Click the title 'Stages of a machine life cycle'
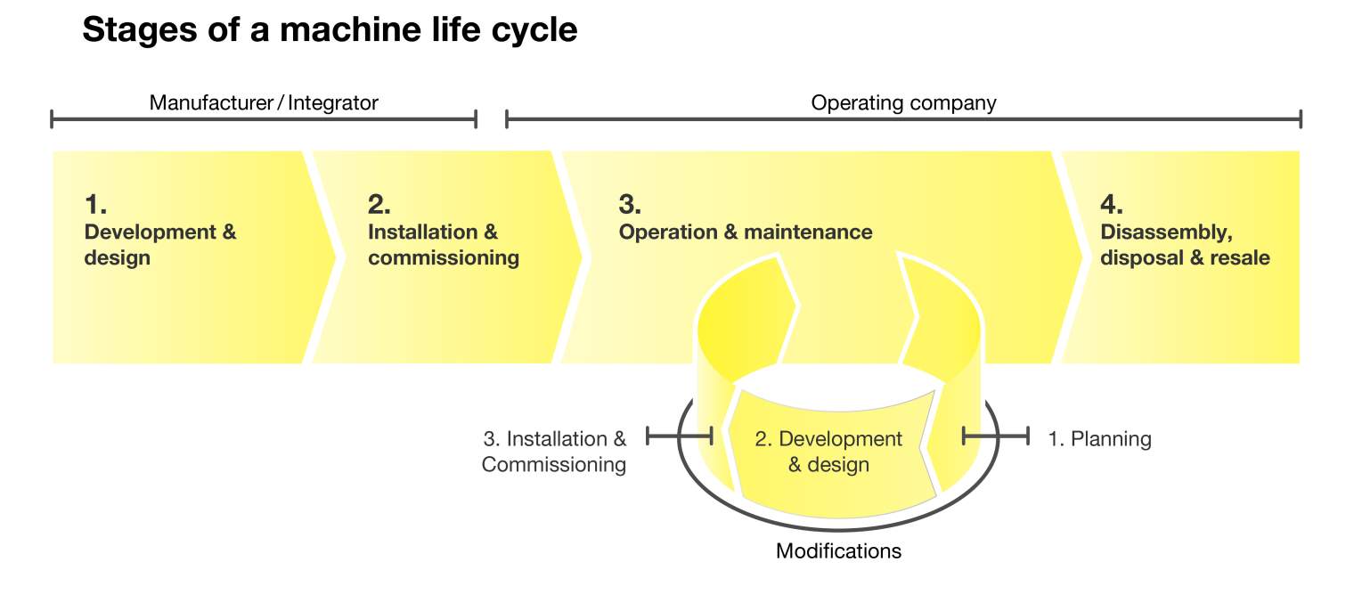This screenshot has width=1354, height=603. (x=330, y=30)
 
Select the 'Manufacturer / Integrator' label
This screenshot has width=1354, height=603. (x=264, y=102)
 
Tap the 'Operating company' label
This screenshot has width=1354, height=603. (x=902, y=102)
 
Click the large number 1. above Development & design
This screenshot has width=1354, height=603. (x=95, y=205)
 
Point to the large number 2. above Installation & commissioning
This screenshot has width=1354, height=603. (x=379, y=205)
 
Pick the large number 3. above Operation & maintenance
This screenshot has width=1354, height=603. (x=630, y=205)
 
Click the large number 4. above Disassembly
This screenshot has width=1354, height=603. (x=1112, y=205)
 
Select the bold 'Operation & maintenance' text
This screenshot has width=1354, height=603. (x=746, y=232)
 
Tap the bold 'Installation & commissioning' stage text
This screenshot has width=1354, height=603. (x=443, y=245)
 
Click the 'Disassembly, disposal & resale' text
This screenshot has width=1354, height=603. (x=1185, y=245)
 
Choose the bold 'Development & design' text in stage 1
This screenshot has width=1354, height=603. (x=160, y=245)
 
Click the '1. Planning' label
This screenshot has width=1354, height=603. (x=1099, y=439)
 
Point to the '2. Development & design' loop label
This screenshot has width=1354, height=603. (x=828, y=452)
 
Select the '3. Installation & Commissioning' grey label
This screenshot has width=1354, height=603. (x=554, y=452)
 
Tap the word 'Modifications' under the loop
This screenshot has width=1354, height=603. (x=838, y=551)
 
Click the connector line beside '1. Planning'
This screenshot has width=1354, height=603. (x=996, y=436)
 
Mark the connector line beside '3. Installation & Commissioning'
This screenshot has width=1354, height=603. (x=679, y=436)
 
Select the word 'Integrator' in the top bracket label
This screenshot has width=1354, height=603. (x=333, y=102)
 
